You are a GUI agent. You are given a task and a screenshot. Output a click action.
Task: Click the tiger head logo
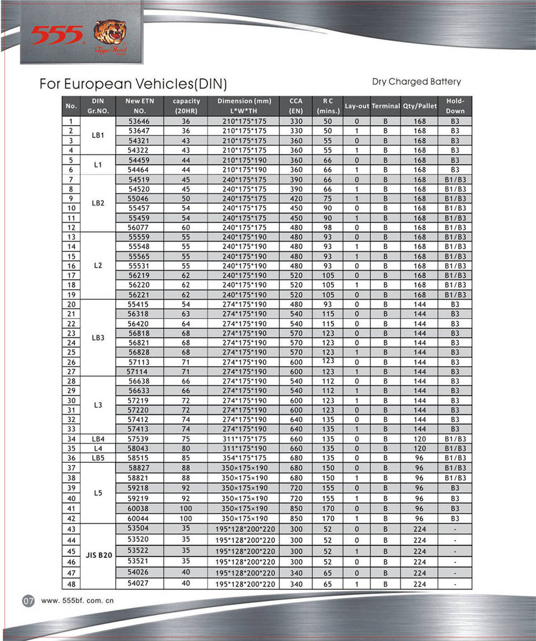pyautogui.click(x=110, y=36)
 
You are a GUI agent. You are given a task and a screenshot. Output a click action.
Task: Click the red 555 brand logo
pyautogui.click(x=57, y=35)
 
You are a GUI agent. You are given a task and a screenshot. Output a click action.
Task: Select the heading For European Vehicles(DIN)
pyautogui.click(x=133, y=84)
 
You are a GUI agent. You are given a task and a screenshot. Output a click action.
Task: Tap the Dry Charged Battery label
pyautogui.click(x=416, y=82)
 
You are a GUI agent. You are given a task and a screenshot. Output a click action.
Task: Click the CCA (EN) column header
pyautogui.click(x=295, y=106)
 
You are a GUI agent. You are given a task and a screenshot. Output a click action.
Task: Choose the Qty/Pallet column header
pyautogui.click(x=420, y=106)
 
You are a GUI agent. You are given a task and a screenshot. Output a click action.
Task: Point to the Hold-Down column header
pyautogui.click(x=455, y=106)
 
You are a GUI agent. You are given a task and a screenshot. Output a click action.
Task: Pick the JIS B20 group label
pyautogui.click(x=98, y=556)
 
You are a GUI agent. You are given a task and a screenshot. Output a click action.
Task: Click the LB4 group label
pyautogui.click(x=98, y=439)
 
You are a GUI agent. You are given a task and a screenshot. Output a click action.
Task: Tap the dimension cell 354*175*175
pyautogui.click(x=244, y=458)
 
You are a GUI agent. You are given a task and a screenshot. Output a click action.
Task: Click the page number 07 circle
pyautogui.click(x=28, y=601)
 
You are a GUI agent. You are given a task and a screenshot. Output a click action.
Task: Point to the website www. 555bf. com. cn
pyautogui.click(x=78, y=601)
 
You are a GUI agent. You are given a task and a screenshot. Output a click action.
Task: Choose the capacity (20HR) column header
pyautogui.click(x=186, y=106)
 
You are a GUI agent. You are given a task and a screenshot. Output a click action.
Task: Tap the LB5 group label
pyautogui.click(x=98, y=458)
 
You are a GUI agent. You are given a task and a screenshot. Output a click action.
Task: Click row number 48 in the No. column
pyautogui.click(x=71, y=584)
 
